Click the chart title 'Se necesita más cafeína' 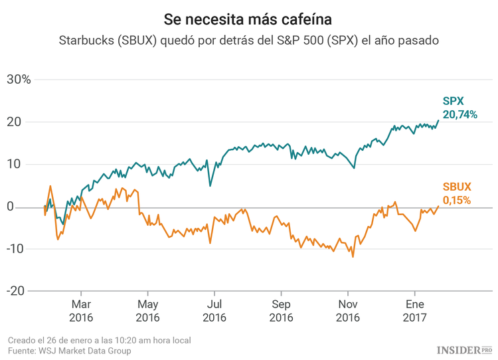248,16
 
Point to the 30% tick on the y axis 19,80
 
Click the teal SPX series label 454,102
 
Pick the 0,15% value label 456,200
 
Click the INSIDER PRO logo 464,349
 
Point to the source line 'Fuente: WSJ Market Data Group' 69,351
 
